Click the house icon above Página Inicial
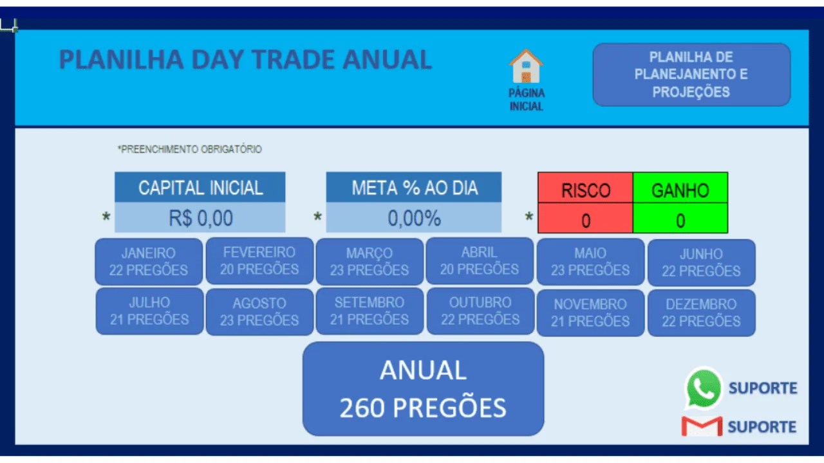tap(526, 66)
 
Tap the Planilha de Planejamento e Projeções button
tap(691, 75)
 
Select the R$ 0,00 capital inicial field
tap(200, 217)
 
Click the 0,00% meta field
tap(414, 217)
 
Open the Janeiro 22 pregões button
tap(149, 262)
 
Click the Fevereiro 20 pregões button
tap(259, 261)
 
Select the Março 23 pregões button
tap(370, 262)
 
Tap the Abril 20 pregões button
tap(480, 261)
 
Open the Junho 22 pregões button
tap(702, 262)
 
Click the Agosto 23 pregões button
tap(259, 312)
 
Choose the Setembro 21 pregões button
tap(370, 311)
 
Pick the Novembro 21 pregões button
tap(590, 313)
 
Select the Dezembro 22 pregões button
tap(702, 313)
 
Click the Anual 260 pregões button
tap(423, 389)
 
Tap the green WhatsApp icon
tap(703, 388)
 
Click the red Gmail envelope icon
tap(702, 426)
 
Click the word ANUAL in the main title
tap(387, 60)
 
